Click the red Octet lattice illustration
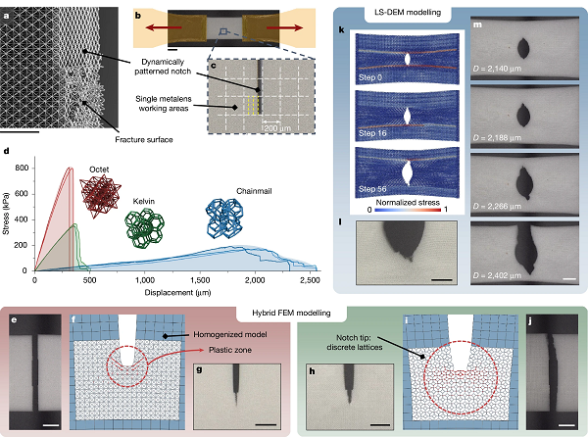(x=99, y=195)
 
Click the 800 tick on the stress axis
(x=23, y=169)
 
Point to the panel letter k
(x=342, y=29)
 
